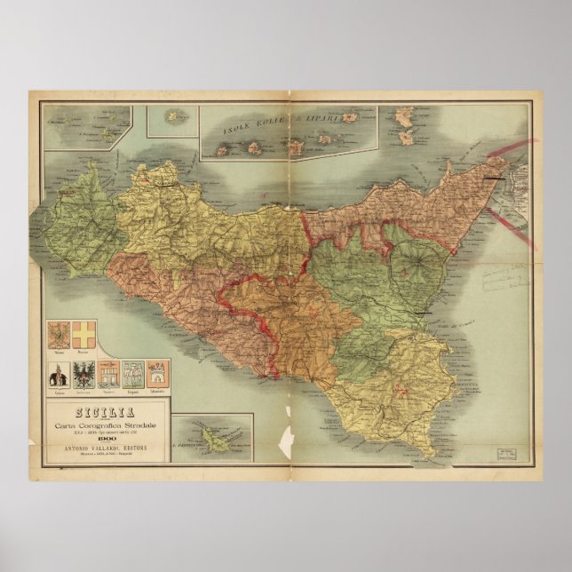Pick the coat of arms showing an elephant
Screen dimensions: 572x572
(x=60, y=373)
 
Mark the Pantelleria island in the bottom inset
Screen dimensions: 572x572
(x=213, y=436)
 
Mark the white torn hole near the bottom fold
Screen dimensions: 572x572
(x=285, y=438)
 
